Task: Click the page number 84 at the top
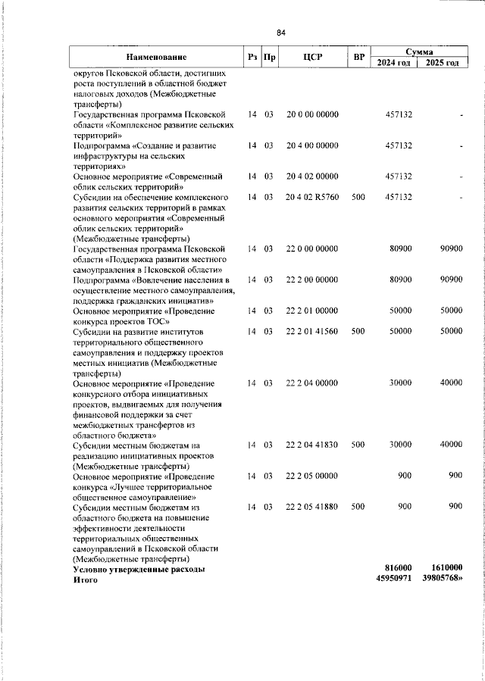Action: pos(280,33)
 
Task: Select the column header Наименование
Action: pos(156,58)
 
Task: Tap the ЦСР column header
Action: pos(312,58)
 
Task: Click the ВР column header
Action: pos(358,58)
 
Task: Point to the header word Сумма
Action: pos(419,52)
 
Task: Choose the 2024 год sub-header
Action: pos(394,63)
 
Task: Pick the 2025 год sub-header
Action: pos(443,63)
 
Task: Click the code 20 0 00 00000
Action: pos(312,114)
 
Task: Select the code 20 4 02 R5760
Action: pos(312,197)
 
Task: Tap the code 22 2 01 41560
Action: pos(312,331)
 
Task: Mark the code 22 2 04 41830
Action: pos(312,445)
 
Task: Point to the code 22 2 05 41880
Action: pos(312,507)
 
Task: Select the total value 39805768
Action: pos(443,579)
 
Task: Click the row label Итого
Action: pos(86,579)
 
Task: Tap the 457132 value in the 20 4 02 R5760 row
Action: pos(398,197)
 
